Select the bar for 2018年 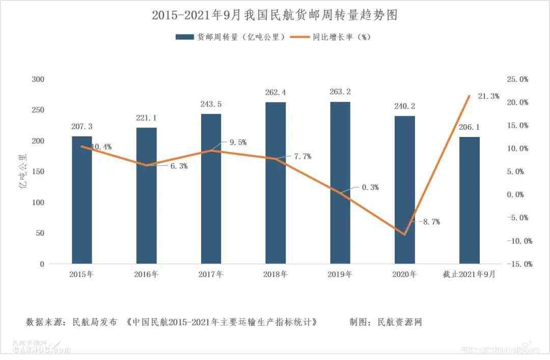(276, 183)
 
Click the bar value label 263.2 (340, 92)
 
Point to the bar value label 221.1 (146, 118)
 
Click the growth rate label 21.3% (488, 96)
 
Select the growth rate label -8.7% (429, 222)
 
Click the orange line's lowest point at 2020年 (405, 235)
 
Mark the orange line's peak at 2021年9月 (469, 96)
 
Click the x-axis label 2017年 (211, 274)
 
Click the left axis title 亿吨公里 (23, 172)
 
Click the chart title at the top (274, 15)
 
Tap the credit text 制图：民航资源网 (386, 322)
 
